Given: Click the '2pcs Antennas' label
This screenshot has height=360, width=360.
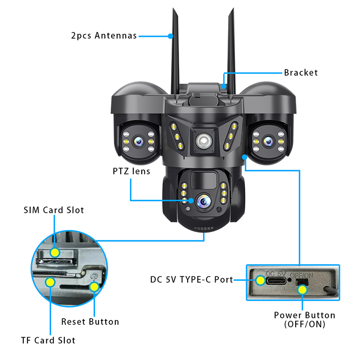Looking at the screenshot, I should pyautogui.click(x=104, y=36).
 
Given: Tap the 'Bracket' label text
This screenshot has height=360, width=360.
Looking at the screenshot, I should pyautogui.click(x=301, y=72).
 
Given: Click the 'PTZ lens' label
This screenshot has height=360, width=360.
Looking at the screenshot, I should pyautogui.click(x=131, y=171).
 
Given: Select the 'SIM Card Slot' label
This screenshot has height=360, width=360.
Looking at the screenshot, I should pyautogui.click(x=54, y=210).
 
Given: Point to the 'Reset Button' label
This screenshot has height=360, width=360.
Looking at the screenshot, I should pyautogui.click(x=90, y=322).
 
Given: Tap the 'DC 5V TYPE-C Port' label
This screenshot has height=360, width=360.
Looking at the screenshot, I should pyautogui.click(x=192, y=279).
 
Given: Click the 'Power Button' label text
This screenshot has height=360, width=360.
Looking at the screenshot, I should pyautogui.click(x=305, y=315).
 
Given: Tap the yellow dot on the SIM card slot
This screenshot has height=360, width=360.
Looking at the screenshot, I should pyautogui.click(x=54, y=252).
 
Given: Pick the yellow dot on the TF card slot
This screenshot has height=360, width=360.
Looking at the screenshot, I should pyautogui.click(x=50, y=282).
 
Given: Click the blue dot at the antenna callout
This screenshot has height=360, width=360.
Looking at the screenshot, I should pyautogui.click(x=171, y=36).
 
